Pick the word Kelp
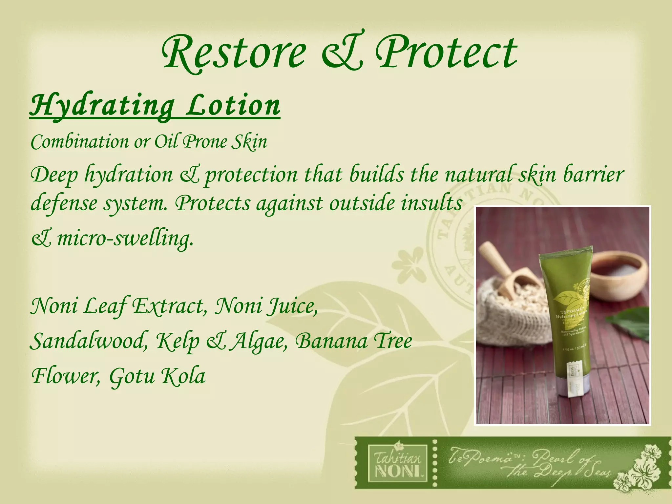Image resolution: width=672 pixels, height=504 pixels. tap(178, 341)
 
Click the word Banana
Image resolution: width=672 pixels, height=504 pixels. tap(331, 341)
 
